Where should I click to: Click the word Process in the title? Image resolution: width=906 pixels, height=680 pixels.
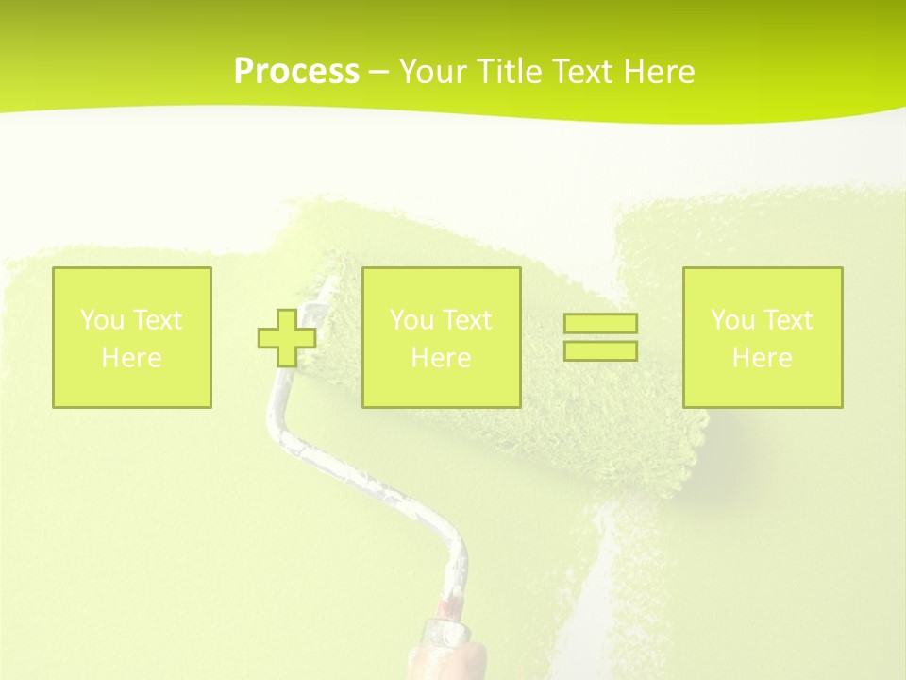pyautogui.click(x=296, y=72)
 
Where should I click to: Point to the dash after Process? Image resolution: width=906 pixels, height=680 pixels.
pyautogui.click(x=378, y=73)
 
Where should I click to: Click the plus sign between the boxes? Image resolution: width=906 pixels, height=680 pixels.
pyautogui.click(x=287, y=337)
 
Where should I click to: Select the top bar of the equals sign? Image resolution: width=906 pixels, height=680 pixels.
pyautogui.click(x=600, y=323)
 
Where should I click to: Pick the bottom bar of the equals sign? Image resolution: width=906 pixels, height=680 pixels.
pyautogui.click(x=600, y=350)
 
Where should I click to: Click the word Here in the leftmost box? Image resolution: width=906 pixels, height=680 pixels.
pyautogui.click(x=131, y=358)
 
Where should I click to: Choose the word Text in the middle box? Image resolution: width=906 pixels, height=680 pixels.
pyautogui.click(x=467, y=320)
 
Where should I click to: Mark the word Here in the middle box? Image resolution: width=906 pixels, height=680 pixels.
pyautogui.click(x=441, y=358)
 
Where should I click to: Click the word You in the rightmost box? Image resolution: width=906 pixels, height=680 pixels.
pyautogui.click(x=732, y=320)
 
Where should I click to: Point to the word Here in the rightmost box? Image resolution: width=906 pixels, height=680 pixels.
pyautogui.click(x=762, y=358)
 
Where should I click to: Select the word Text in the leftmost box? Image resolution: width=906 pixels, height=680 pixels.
pyautogui.click(x=158, y=320)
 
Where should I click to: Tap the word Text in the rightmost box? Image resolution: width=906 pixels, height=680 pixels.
pyautogui.click(x=788, y=320)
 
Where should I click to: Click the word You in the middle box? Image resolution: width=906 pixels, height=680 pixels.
pyautogui.click(x=411, y=320)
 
